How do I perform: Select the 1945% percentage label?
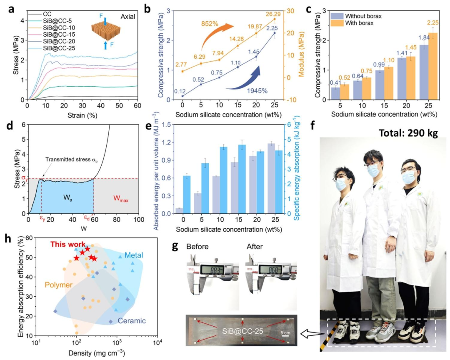257,91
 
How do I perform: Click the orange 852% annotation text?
210,23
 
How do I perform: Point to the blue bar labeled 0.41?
335,94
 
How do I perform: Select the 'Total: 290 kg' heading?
408,133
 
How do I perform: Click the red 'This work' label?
68,245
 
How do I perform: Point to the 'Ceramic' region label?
132,321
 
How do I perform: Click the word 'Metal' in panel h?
134,255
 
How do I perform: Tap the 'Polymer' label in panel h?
59,285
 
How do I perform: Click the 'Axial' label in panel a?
128,17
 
